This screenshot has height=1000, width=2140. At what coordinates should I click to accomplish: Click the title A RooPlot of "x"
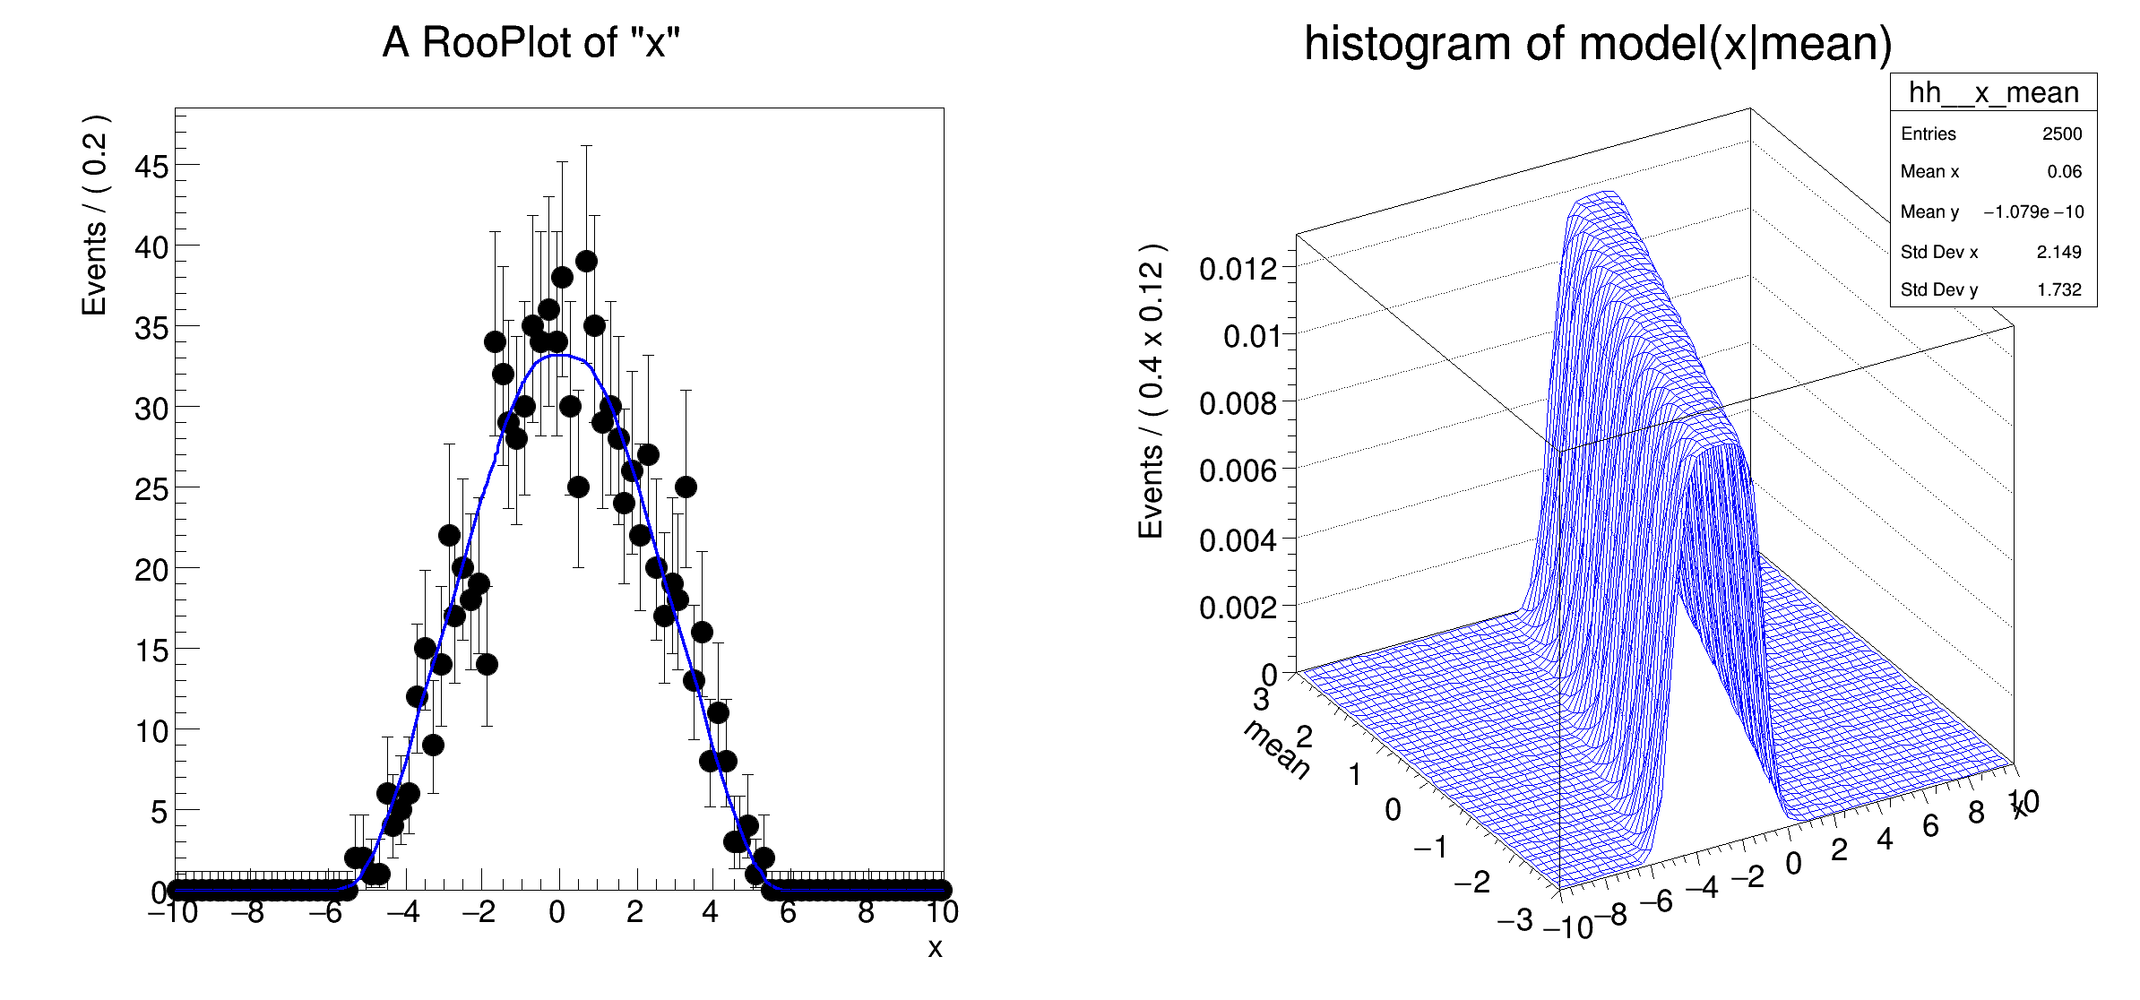(x=531, y=42)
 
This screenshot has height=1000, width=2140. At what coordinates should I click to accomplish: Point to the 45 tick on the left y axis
(x=151, y=167)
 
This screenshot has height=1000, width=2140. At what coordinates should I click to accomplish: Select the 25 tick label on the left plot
(x=151, y=489)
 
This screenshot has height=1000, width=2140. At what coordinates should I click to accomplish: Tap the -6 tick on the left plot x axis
(x=325, y=913)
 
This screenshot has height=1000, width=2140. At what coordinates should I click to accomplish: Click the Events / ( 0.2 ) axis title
(x=94, y=215)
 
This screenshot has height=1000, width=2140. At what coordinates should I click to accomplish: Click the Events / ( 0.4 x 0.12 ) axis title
(x=1151, y=390)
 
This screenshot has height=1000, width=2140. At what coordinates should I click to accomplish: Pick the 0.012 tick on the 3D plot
(x=1238, y=268)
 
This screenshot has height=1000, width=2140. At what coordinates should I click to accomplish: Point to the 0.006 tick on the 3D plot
(x=1238, y=470)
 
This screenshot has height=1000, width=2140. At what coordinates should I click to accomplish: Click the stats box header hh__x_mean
(x=1993, y=92)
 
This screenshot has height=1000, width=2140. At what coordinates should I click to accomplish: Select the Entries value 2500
(x=2061, y=134)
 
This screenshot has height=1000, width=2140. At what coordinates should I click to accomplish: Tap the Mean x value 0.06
(x=2064, y=171)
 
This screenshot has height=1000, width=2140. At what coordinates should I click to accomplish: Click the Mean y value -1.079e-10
(x=2032, y=211)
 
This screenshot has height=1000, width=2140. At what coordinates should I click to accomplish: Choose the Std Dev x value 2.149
(x=2058, y=252)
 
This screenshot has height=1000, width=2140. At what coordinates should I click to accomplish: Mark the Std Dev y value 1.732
(x=2058, y=289)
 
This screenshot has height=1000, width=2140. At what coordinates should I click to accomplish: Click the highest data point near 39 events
(x=587, y=261)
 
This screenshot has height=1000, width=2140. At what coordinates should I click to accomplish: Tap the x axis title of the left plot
(x=935, y=948)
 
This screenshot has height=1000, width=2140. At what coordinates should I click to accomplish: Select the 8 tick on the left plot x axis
(x=866, y=913)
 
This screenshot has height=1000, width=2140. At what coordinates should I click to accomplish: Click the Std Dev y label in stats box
(x=1938, y=289)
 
